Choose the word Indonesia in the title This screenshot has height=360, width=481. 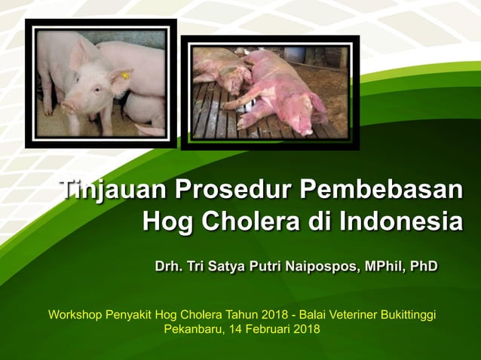point(400,223)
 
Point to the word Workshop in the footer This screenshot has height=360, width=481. point(74,313)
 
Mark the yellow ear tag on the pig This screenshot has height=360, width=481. point(124,76)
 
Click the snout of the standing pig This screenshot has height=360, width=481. point(69,108)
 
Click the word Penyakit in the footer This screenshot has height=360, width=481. point(129,313)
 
